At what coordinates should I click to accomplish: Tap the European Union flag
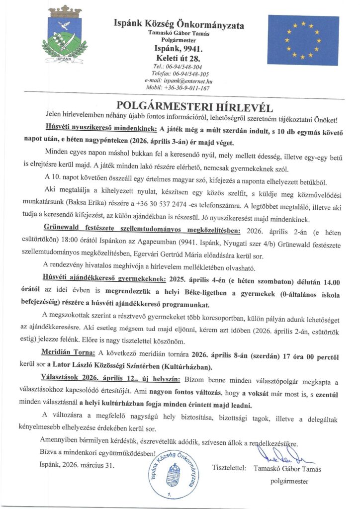303,40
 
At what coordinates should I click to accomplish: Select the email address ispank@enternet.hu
179,80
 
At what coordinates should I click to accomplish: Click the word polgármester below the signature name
289,481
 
